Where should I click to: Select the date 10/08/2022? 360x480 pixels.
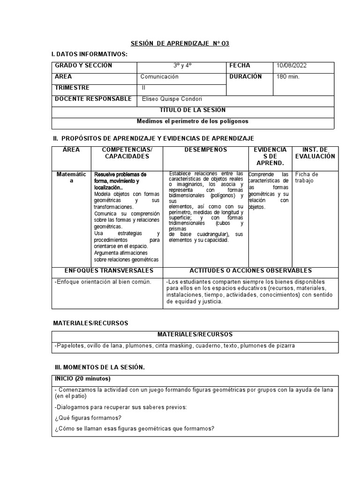tap(292, 66)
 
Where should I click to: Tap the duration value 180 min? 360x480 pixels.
tap(288, 77)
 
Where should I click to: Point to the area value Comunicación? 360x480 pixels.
tap(159, 77)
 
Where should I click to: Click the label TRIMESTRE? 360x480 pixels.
tap(72, 88)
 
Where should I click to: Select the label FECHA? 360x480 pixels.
tap(240, 66)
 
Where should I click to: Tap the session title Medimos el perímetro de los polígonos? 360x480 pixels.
tap(192, 121)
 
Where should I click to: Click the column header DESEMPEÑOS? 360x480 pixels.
tap(205, 150)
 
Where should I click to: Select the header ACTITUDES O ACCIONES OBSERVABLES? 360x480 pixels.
tap(250, 271)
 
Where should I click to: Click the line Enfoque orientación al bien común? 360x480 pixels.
tap(103, 282)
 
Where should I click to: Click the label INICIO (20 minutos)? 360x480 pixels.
tap(82, 378)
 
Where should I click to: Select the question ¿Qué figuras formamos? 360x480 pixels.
tap(88, 418)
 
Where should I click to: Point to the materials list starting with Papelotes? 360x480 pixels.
tap(175, 346)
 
